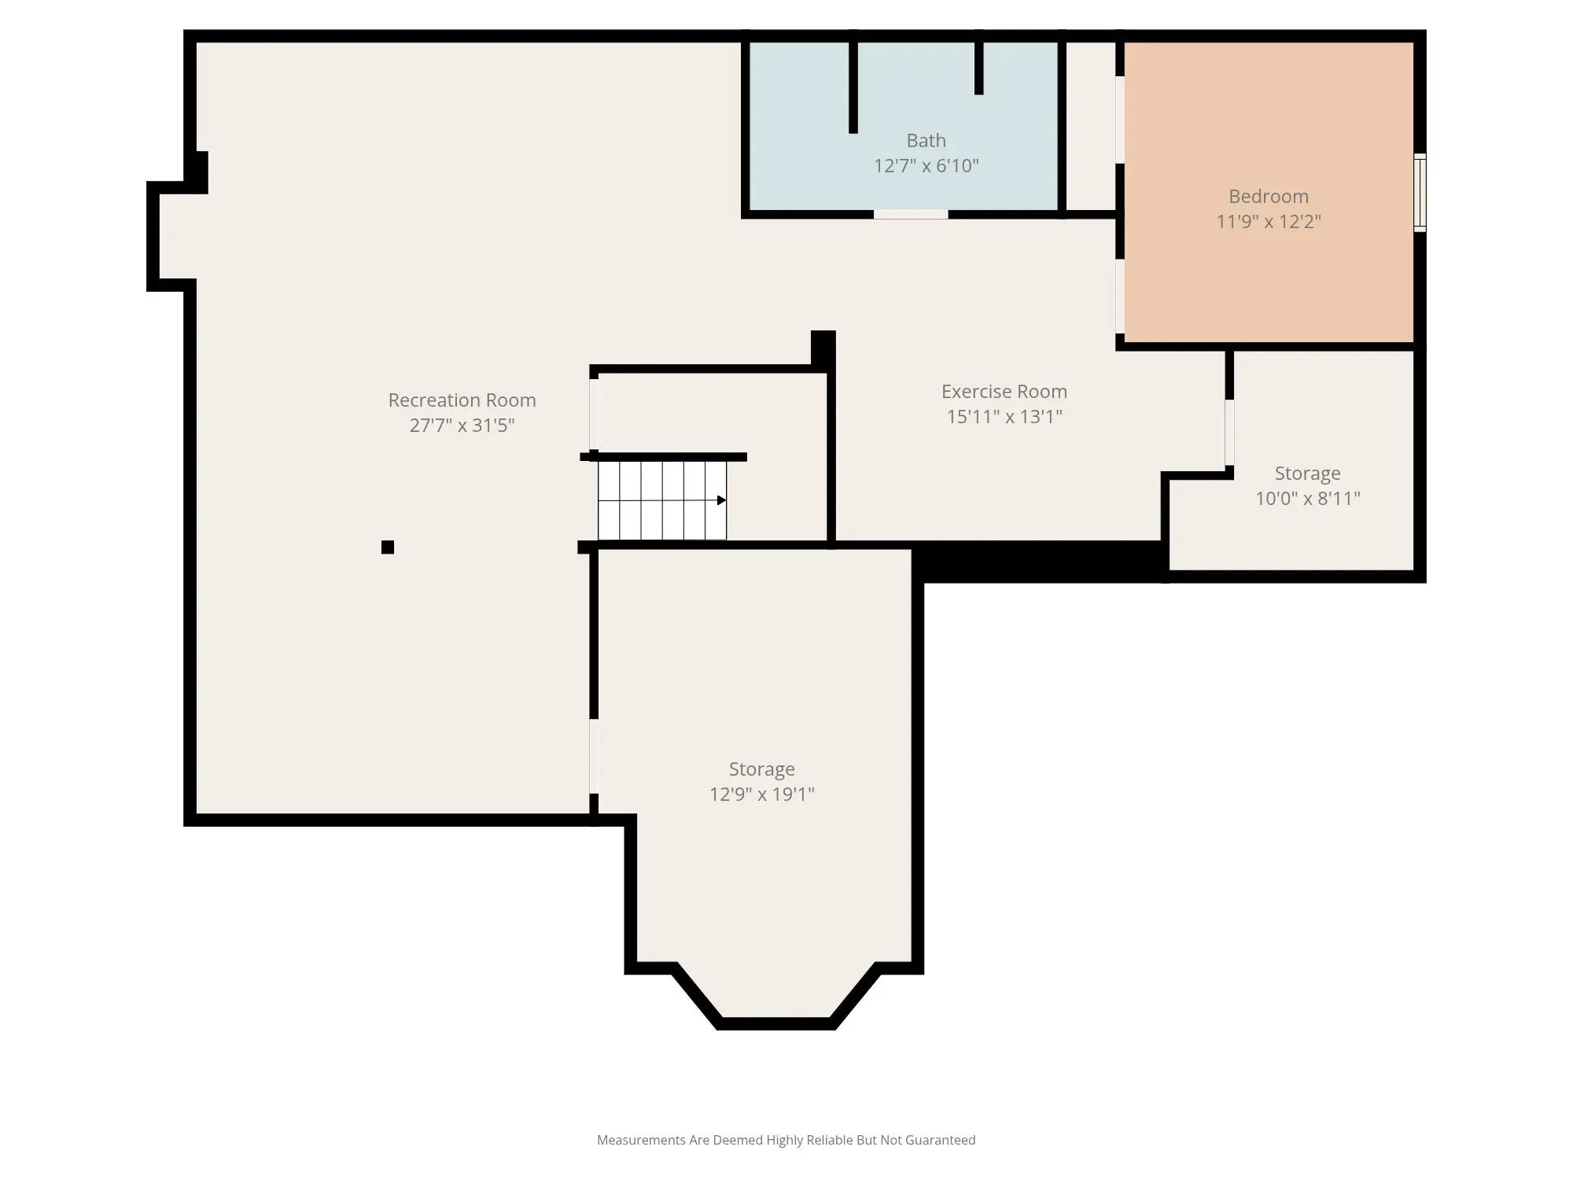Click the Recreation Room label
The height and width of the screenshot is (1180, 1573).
coord(462,400)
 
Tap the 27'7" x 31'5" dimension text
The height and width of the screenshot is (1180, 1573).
coord(462,425)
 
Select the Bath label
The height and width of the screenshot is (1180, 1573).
coord(926,140)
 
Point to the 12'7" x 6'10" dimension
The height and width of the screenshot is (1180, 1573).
coord(926,165)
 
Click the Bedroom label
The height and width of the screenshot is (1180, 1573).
coord(1269,196)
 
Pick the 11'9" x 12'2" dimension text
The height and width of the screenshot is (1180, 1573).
coord(1269,221)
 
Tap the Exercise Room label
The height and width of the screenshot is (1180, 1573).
coord(1004,391)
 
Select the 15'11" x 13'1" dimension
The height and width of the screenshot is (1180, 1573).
coord(1004,416)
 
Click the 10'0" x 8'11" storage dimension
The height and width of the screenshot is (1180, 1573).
coord(1307,498)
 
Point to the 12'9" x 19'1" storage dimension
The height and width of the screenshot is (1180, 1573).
coord(761,794)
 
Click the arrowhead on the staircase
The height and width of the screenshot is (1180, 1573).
coord(721,500)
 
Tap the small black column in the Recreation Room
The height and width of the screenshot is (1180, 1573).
coord(388,548)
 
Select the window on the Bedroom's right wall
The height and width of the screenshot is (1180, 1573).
coord(1420,193)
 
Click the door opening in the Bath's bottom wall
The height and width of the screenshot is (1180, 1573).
coord(911,214)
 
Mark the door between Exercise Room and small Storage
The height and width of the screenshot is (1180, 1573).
coord(1229,433)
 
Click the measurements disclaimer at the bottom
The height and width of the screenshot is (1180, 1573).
coord(786,1140)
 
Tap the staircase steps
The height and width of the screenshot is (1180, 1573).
coord(662,500)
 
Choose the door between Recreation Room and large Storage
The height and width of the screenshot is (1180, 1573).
coord(594,756)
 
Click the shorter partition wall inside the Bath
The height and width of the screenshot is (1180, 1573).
coord(979,68)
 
